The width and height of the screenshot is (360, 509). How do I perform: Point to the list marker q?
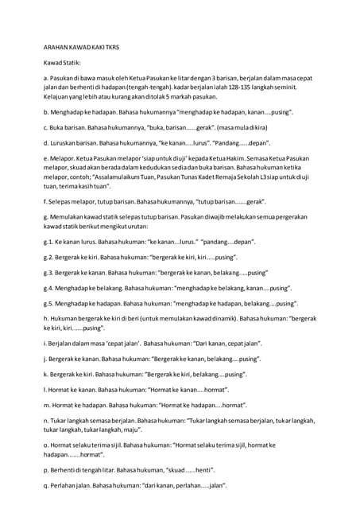[x=46, y=484]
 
